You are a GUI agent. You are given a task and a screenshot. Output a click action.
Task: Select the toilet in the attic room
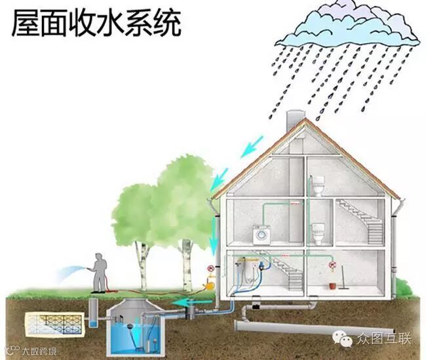point(319,185)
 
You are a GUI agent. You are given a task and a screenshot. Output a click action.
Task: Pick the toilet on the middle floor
point(319,232)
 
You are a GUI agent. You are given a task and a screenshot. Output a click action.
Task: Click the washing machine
point(262,235)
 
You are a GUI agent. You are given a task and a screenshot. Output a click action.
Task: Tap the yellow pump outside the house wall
point(210,283)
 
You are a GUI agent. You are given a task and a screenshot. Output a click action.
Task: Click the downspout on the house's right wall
point(396,243)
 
